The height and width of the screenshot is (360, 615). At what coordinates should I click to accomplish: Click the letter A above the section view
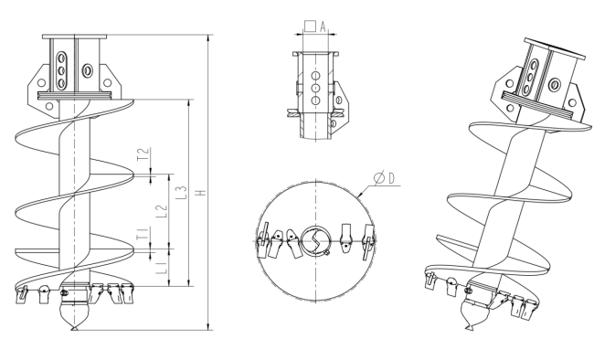coord(323,26)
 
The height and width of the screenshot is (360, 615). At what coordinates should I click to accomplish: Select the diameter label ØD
coord(385,178)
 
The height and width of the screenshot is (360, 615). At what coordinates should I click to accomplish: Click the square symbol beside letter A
coord(311,26)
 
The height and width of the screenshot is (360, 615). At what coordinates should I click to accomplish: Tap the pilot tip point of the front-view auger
coord(73,329)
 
